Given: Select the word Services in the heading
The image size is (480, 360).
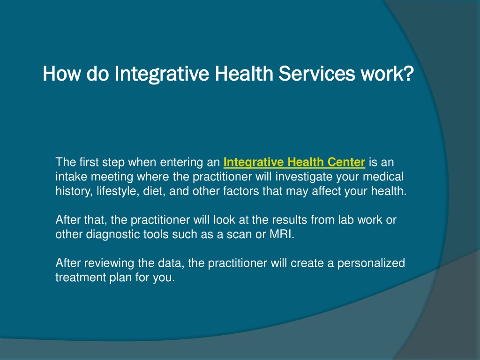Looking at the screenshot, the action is click(x=317, y=74).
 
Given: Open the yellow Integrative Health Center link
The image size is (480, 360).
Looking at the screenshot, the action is click(x=294, y=162).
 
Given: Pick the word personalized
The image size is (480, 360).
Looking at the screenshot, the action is click(x=371, y=263).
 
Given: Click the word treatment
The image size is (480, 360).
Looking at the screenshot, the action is click(x=81, y=277).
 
